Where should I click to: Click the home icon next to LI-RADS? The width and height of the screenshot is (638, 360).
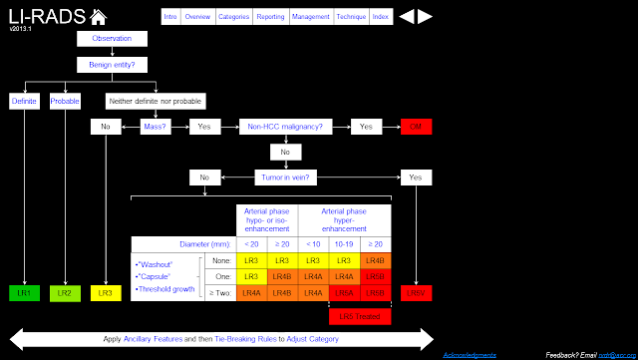point(98,16)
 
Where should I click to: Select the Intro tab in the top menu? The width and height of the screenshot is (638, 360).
point(171,16)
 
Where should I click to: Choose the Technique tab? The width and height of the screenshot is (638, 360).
point(349,16)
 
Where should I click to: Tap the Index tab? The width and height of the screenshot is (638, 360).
point(380,16)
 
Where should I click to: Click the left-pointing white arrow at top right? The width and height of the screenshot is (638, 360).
point(406,16)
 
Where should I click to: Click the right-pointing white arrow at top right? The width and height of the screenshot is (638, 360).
point(425,16)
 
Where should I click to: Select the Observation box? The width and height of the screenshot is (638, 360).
point(111,39)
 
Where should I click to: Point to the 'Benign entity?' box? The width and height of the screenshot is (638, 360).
point(111,64)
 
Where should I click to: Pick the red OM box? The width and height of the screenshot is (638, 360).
point(415,127)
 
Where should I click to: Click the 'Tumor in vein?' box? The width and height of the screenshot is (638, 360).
point(285,177)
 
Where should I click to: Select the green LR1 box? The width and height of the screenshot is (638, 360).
point(23,292)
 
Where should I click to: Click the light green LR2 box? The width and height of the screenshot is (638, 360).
point(63,292)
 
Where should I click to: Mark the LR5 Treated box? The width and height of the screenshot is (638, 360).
point(360,316)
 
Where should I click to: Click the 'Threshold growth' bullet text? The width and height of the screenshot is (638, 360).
point(165,289)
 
